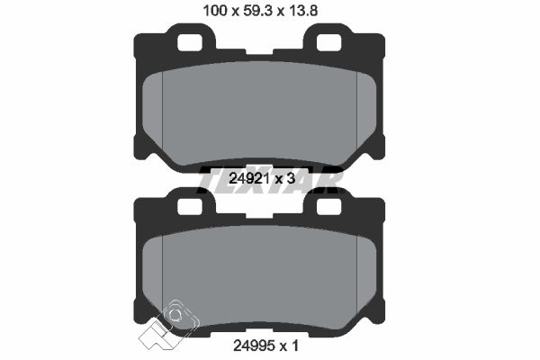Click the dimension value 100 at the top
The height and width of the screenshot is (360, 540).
click(215, 11)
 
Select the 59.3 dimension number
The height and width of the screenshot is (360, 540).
click(257, 11)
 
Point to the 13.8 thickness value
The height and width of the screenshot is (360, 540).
click(302, 11)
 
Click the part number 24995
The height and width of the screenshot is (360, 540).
click(254, 346)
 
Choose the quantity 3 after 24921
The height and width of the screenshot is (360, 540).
click(291, 178)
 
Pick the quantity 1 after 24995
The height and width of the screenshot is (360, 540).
click(295, 346)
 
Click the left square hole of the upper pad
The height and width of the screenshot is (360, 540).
click(189, 42)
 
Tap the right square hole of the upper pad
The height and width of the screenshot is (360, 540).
click(328, 42)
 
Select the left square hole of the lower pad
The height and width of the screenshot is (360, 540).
click(189, 206)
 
